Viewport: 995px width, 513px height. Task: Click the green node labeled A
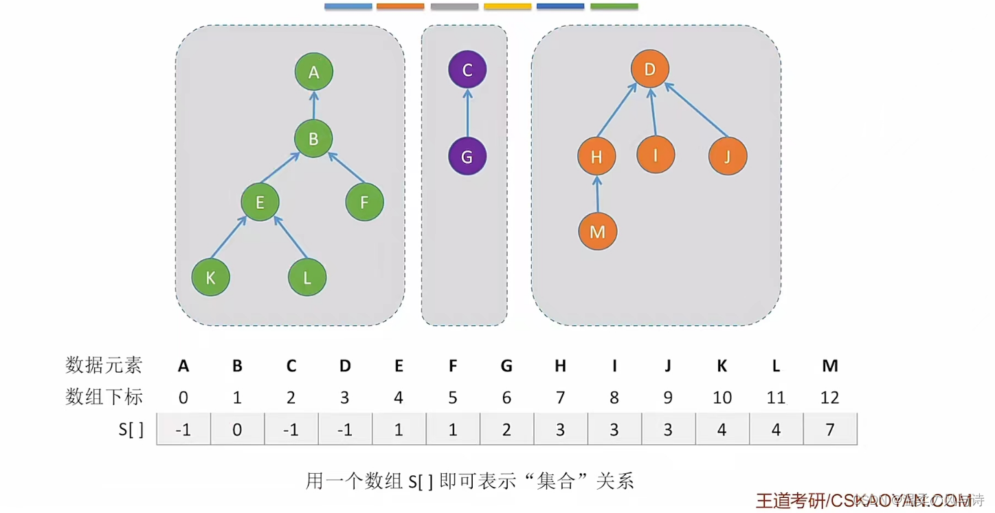pyautogui.click(x=314, y=72)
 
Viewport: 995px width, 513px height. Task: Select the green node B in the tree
pyautogui.click(x=313, y=139)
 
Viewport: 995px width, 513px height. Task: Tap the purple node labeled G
pyautogui.click(x=467, y=156)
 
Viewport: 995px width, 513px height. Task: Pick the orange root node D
pyautogui.click(x=650, y=69)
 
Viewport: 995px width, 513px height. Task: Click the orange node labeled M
pyautogui.click(x=598, y=232)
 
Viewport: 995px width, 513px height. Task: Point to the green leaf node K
pyautogui.click(x=211, y=277)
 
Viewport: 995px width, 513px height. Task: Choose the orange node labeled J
pyautogui.click(x=728, y=156)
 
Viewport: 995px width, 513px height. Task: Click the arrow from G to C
pyautogui.click(x=467, y=113)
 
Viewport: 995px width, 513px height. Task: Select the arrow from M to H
pyautogui.click(x=597, y=194)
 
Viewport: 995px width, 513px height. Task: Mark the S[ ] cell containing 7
pyautogui.click(x=830, y=430)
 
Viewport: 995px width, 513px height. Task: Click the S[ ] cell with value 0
pyautogui.click(x=237, y=430)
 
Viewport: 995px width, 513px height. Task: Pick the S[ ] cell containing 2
pyautogui.click(x=506, y=430)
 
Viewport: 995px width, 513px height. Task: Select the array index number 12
pyautogui.click(x=830, y=397)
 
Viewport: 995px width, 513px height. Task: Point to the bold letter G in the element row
pyautogui.click(x=506, y=366)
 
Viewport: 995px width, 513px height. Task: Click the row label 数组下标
pyautogui.click(x=104, y=397)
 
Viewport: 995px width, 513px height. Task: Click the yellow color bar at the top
pyautogui.click(x=507, y=7)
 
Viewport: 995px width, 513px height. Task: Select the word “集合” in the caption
pyautogui.click(x=557, y=480)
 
